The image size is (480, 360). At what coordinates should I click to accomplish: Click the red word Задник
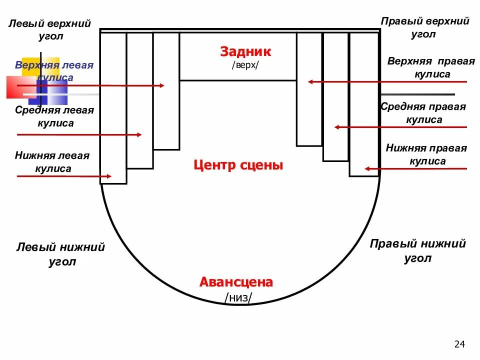[x=245, y=51]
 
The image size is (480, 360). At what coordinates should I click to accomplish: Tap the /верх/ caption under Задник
[x=245, y=65]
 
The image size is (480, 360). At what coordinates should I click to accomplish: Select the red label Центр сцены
[x=238, y=165]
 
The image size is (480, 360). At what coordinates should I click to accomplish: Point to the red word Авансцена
[x=236, y=282]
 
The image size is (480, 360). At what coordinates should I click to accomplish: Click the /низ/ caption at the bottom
[x=238, y=298]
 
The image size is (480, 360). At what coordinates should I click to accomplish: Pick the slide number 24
[x=459, y=344]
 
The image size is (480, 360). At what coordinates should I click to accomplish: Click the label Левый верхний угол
[x=49, y=30]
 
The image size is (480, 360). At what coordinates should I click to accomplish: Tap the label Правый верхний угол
[x=424, y=27]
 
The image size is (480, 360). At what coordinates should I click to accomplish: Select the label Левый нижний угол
[x=61, y=254]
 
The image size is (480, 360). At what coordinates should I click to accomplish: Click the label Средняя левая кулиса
[x=54, y=116]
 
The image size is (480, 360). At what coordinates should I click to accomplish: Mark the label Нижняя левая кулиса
[x=52, y=162]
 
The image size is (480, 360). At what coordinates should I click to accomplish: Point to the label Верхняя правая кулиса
[x=431, y=67]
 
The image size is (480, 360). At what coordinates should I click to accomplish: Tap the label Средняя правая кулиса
[x=423, y=113]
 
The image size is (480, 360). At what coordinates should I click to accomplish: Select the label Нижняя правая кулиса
[x=426, y=154]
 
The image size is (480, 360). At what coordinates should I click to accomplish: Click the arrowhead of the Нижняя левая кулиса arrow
[x=109, y=176]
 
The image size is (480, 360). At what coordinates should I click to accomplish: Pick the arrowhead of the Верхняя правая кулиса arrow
[x=310, y=81]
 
